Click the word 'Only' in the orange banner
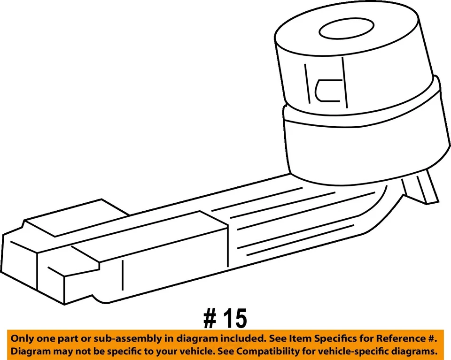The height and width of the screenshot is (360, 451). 23,338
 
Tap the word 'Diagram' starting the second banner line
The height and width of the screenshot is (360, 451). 31,351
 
